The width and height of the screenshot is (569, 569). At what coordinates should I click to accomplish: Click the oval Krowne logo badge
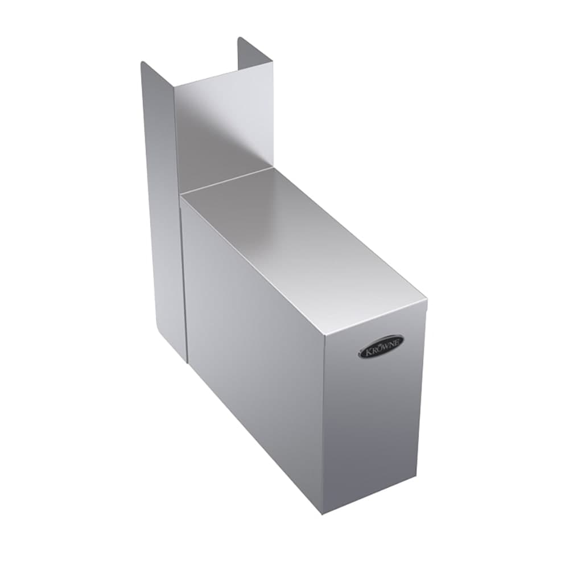pyautogui.click(x=381, y=347)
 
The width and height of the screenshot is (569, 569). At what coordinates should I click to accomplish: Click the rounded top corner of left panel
pyautogui.click(x=143, y=63)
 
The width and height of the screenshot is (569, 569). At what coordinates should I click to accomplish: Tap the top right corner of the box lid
pyautogui.click(x=426, y=296)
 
